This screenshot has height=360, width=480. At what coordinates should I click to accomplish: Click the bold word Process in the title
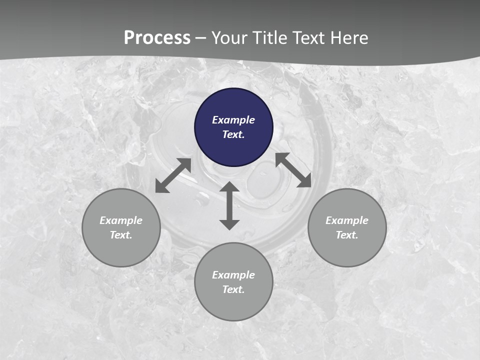coord(157,38)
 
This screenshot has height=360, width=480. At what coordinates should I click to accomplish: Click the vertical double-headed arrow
coord(229,205)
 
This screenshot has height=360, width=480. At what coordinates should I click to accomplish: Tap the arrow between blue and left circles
coord(173,175)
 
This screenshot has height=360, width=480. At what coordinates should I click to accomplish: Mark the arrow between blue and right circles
coord(293,170)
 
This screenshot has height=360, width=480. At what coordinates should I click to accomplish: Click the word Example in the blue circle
coord(233,120)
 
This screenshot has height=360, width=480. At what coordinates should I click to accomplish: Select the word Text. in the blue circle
coord(233,134)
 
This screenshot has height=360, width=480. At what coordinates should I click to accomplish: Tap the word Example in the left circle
coord(121,220)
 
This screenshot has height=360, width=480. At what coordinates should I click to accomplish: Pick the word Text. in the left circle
coord(121,235)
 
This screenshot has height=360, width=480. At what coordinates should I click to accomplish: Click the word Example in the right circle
coord(347,220)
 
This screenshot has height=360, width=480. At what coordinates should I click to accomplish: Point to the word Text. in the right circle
coord(347,235)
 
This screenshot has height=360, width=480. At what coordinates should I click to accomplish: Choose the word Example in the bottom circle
coord(233,275)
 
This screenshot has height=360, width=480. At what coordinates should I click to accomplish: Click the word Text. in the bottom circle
coord(233,289)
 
